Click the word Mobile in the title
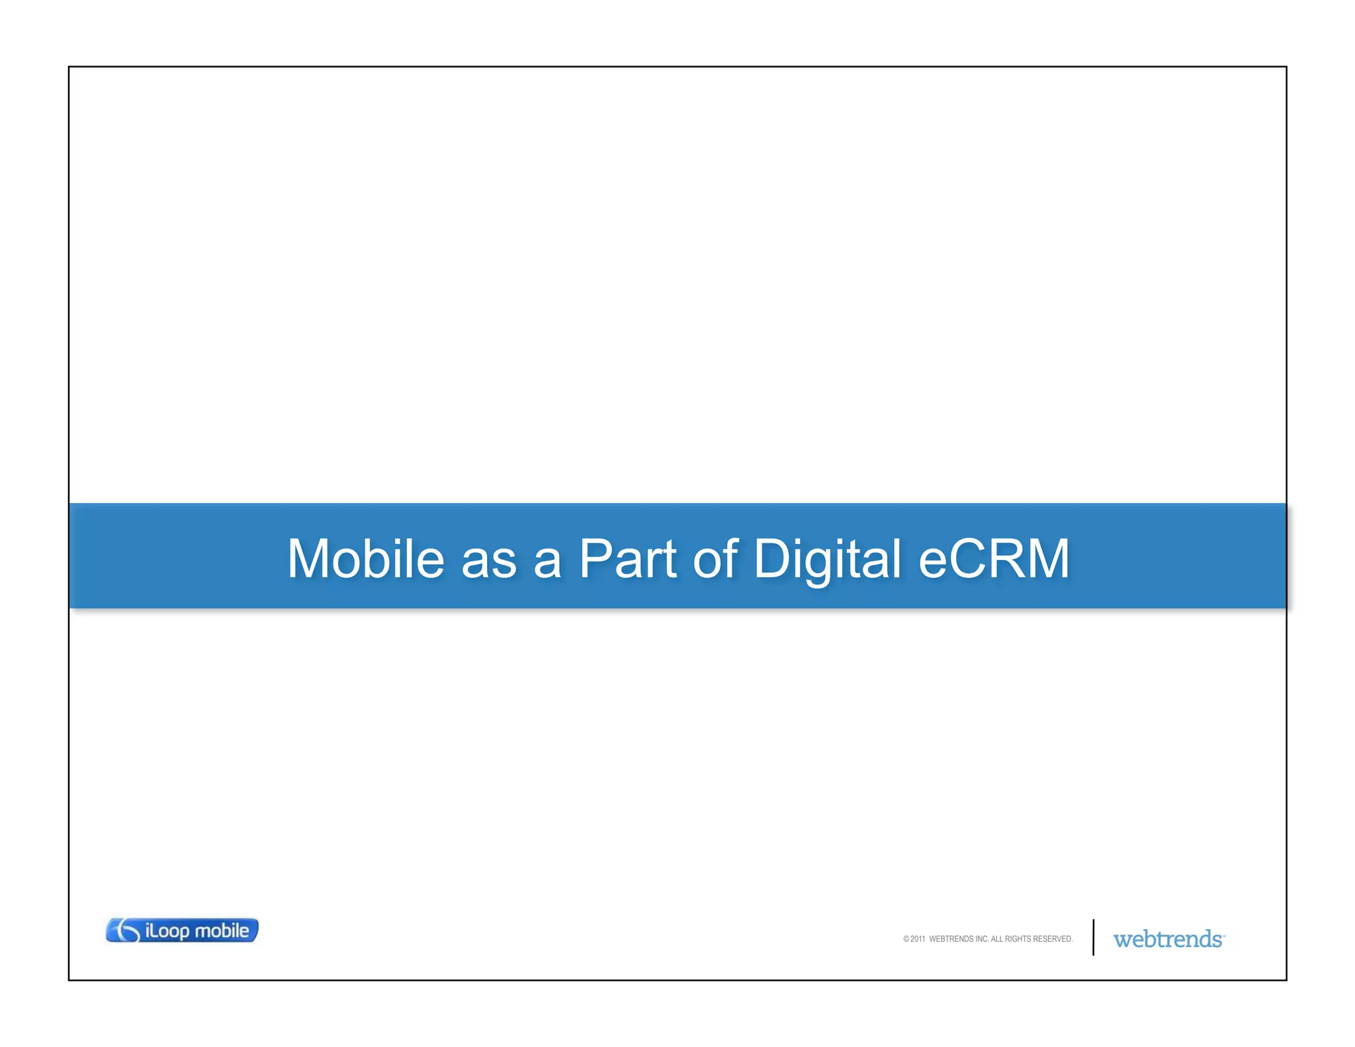click(365, 559)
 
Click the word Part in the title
click(627, 559)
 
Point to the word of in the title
click(715, 559)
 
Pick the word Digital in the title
click(827, 560)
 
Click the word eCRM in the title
click(994, 559)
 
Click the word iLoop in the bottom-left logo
click(168, 931)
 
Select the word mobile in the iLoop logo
click(222, 931)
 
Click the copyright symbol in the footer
click(906, 939)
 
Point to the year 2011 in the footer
click(918, 939)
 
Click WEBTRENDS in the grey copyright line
click(951, 939)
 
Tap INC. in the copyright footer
click(982, 939)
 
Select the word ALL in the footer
click(996, 939)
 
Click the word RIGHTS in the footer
click(1018, 939)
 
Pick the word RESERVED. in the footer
click(1053, 939)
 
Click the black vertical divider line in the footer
click(1093, 937)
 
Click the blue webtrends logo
click(1167, 939)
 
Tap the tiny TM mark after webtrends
click(1224, 935)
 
